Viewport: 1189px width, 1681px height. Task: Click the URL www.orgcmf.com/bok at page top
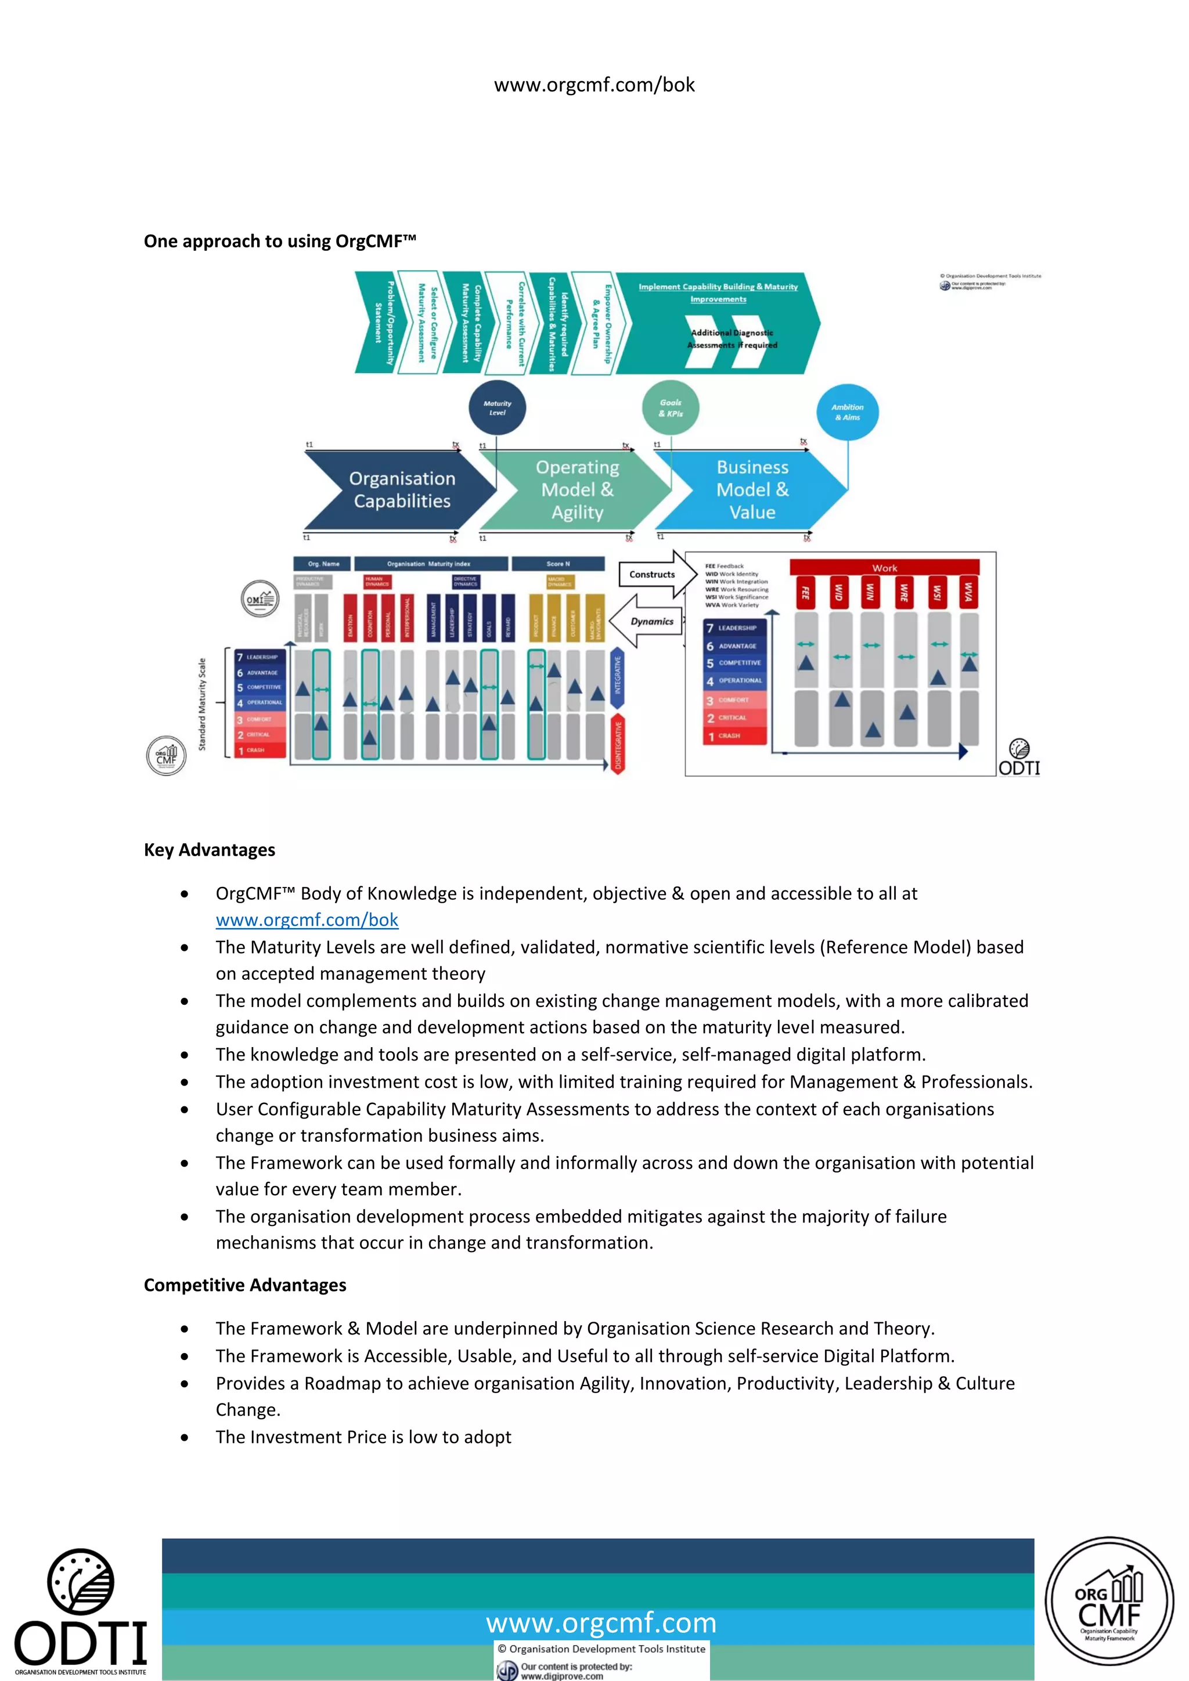point(594,85)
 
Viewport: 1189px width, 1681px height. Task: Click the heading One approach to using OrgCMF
point(280,241)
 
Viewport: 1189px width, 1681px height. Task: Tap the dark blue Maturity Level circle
point(497,408)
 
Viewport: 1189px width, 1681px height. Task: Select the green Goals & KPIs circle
point(670,408)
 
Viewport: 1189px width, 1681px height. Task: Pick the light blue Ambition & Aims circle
point(847,412)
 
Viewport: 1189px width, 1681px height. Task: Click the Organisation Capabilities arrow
point(401,490)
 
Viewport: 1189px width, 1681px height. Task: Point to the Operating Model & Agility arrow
point(577,490)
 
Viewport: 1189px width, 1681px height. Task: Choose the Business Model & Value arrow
point(752,490)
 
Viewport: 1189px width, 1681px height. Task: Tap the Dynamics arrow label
point(651,622)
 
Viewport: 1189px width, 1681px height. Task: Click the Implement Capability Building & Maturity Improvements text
point(718,293)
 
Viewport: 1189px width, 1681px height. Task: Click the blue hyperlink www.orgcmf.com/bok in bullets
point(307,919)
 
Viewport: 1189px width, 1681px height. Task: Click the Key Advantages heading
point(210,850)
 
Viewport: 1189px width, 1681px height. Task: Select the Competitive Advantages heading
point(244,1285)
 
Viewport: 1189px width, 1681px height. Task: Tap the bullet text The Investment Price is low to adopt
point(363,1437)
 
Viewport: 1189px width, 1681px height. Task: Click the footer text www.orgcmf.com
point(600,1622)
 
